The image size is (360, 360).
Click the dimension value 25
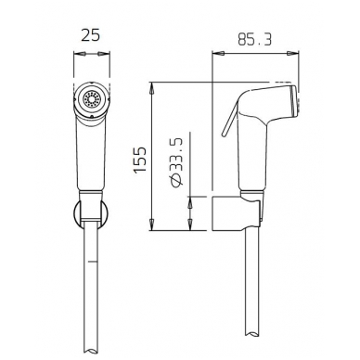[91, 35]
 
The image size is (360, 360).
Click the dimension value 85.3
[254, 40]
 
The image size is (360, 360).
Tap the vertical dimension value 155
[140, 160]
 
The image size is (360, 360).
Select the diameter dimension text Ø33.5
[176, 162]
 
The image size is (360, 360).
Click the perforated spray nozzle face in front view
[92, 99]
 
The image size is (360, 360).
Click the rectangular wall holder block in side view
[236, 213]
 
